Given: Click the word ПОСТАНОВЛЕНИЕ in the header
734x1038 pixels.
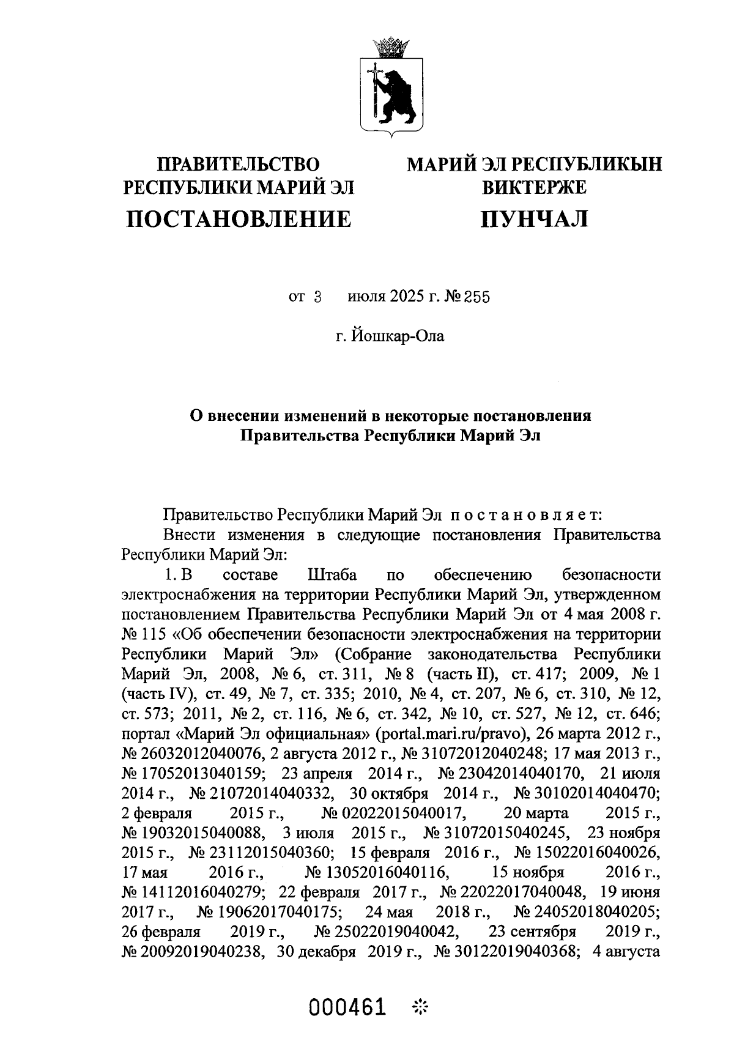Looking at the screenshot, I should [x=239, y=218].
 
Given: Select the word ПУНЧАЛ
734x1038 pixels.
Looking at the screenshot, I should [x=534, y=218].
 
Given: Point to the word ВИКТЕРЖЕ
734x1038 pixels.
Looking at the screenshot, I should [x=534, y=187].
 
